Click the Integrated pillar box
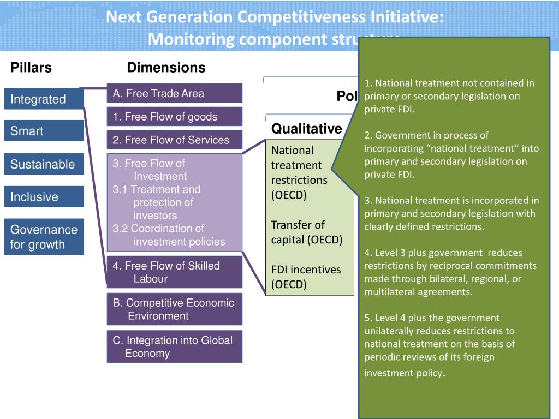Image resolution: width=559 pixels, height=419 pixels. coord(44,99)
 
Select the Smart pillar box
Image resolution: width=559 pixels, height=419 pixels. coord(44,131)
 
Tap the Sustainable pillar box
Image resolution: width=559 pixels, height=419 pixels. coord(44,164)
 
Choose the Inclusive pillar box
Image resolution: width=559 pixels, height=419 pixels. coord(44,197)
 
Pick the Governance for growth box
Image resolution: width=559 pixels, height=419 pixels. coord(44,237)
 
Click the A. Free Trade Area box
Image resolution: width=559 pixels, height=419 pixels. coord(174,93)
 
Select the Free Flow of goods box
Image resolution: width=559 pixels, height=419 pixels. coord(174,117)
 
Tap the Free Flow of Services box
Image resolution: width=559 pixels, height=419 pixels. coord(174,140)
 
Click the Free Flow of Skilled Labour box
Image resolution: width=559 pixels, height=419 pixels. coord(174,272)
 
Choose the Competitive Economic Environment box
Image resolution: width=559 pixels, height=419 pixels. coord(174,309)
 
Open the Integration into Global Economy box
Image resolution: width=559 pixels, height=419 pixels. coord(174,346)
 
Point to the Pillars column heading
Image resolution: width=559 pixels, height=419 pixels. coord(31,68)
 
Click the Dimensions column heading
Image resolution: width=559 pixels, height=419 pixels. coord(166,68)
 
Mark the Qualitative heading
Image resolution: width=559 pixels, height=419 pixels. coord(306,129)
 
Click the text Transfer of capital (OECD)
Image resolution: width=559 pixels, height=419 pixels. coord(306,232)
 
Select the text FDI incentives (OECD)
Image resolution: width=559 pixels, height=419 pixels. coord(306,277)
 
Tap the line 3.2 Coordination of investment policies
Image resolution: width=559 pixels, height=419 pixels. coord(169,235)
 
